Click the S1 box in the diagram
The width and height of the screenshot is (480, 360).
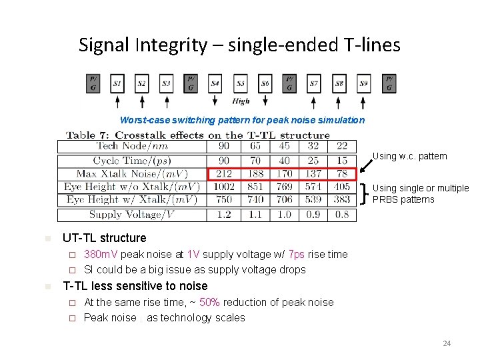[117, 84]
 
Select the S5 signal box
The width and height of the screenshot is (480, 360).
[240, 84]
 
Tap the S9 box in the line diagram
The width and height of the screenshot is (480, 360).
[363, 84]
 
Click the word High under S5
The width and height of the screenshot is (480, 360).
[241, 101]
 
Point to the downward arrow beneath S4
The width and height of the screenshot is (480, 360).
[215, 100]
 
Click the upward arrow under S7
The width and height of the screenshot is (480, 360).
[314, 101]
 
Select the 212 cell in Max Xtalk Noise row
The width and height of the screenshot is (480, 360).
[224, 174]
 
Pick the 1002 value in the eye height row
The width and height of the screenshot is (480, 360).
[224, 187]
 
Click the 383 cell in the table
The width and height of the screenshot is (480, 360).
[342, 199]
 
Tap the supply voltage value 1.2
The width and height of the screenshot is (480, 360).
[224, 215]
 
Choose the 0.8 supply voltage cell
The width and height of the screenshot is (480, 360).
[342, 215]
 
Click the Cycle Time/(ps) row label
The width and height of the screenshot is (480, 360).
[132, 161]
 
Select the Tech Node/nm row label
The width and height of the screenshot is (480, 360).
[132, 146]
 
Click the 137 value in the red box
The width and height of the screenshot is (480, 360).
[313, 174]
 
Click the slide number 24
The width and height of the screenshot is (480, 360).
[447, 343]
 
